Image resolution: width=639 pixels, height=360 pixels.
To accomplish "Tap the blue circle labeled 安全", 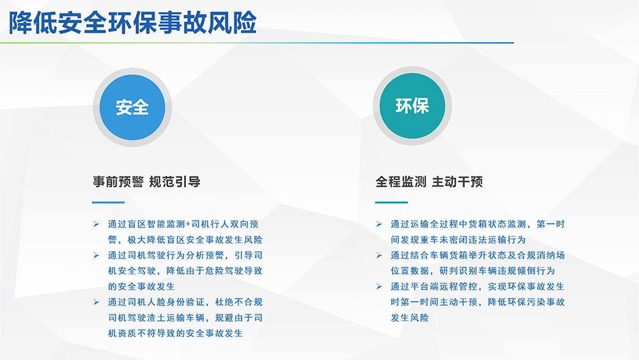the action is coord(132,107).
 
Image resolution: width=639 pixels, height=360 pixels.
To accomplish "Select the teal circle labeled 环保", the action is coord(412,106).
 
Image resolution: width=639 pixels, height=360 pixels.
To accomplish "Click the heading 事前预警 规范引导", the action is coord(146,182).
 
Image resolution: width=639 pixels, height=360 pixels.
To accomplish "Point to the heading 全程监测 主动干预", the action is coord(429,182).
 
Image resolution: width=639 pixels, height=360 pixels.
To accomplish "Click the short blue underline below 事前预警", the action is coord(108,202).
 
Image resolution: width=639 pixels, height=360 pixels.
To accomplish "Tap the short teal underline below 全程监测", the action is coord(391,202).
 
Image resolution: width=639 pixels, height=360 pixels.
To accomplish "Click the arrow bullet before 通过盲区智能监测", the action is coord(96,224).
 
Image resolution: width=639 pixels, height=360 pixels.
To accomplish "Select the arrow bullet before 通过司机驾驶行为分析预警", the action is coord(96,255).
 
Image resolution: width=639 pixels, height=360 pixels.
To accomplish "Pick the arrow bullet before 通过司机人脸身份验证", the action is coord(96,302).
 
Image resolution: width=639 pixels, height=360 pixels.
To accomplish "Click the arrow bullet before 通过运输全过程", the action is coord(379,224).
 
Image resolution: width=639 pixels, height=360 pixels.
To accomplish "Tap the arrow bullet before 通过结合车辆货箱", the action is coord(379,255).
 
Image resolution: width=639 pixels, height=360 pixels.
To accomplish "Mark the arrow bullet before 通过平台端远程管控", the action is coord(379,286).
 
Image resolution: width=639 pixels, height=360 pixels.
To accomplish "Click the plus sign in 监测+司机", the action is coord(188,224).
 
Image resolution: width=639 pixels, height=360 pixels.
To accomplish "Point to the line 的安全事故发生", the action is coord(141,286).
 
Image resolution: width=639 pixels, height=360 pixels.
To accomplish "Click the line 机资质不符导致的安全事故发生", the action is coord(175,334).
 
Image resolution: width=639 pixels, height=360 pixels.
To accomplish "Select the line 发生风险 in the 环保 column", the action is coord(410,318).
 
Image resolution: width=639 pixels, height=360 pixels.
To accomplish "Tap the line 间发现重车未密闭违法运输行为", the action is coord(458,240).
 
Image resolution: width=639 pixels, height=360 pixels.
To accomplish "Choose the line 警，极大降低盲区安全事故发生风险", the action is coord(185,240).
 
